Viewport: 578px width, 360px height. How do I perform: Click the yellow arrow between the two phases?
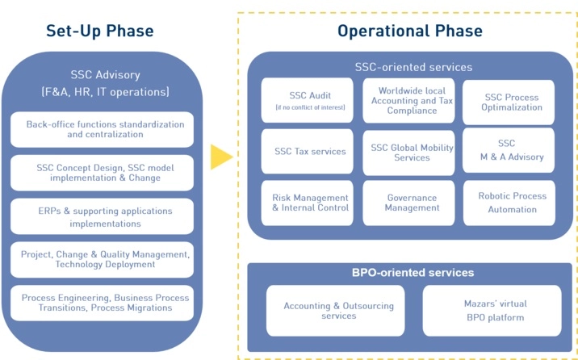point(220,157)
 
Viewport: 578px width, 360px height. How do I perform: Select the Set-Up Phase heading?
point(99,31)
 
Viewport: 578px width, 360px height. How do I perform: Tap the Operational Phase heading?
point(409,31)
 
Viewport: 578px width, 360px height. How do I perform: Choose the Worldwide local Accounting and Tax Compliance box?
point(408,100)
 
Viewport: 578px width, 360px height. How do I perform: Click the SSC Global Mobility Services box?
point(408,152)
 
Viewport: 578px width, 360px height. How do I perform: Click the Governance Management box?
point(408,203)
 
